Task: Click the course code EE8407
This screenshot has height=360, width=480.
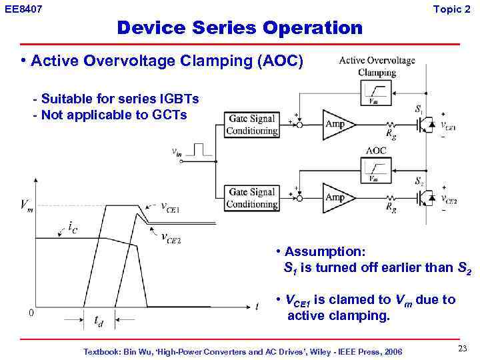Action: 24,9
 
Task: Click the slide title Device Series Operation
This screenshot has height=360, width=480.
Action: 239,28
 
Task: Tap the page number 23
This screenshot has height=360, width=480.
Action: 462,349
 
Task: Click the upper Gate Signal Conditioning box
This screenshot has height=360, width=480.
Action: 251,125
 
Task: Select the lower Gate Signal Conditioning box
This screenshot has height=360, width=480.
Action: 251,198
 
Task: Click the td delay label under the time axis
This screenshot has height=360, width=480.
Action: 98,323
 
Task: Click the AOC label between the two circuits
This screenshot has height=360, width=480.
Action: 376,151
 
